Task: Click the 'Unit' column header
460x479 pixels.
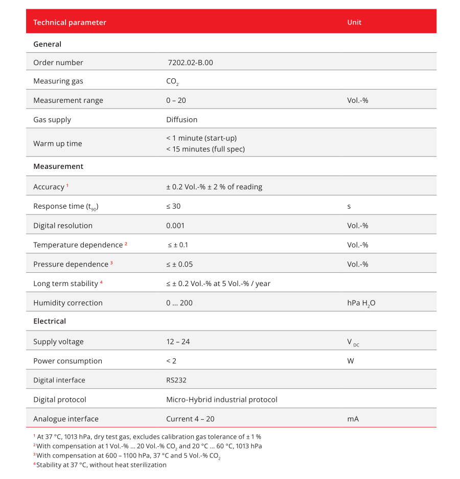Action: pos(354,22)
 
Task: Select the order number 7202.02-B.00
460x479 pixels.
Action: pos(190,62)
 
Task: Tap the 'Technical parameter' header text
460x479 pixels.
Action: pos(70,22)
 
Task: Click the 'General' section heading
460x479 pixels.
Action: pos(47,44)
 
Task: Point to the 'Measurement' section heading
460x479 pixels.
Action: pos(58,166)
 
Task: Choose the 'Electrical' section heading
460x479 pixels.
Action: pos(50,321)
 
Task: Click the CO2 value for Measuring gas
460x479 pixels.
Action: pos(172,81)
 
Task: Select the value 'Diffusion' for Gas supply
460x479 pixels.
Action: pos(181,120)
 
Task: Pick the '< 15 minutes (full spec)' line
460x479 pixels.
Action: pos(205,149)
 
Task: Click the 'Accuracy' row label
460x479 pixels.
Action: pos(49,187)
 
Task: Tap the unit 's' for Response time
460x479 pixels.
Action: pos(349,206)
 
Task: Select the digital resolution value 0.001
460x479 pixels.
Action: pos(175,226)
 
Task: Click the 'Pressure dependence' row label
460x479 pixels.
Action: pos(71,265)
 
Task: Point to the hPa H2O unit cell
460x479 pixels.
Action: pos(361,303)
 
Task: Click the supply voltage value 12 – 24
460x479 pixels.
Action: pos(178,341)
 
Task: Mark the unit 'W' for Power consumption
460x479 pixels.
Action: pos(351,361)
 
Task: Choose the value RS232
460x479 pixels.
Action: pos(176,380)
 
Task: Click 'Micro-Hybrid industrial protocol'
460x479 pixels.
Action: pos(221,400)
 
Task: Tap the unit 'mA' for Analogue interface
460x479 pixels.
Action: pos(353,419)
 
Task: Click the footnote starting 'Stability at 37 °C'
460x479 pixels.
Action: pos(101,465)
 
